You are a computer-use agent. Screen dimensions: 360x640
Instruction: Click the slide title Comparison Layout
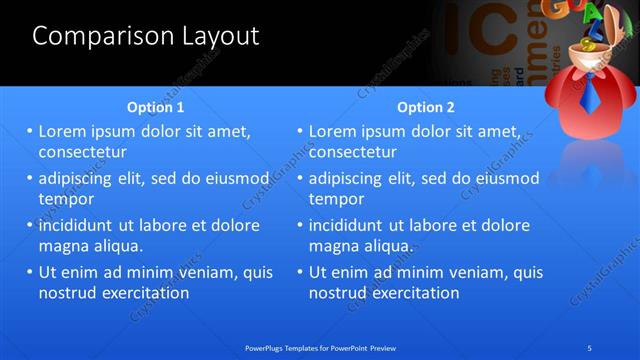point(146,36)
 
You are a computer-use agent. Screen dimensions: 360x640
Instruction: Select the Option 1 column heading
point(156,107)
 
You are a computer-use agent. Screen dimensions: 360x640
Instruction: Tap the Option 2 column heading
point(426,107)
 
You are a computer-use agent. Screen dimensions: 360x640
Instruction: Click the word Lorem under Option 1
point(64,131)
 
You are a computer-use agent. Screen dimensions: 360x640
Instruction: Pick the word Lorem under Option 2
point(334,131)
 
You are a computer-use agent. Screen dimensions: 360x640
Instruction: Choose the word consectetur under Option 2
point(353,152)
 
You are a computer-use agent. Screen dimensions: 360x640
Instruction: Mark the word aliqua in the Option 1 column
point(117,246)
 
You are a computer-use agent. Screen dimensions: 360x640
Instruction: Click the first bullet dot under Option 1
point(30,131)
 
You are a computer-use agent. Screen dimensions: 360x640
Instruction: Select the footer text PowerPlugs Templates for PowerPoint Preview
point(320,347)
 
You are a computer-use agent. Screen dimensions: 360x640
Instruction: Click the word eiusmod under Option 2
point(507,179)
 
